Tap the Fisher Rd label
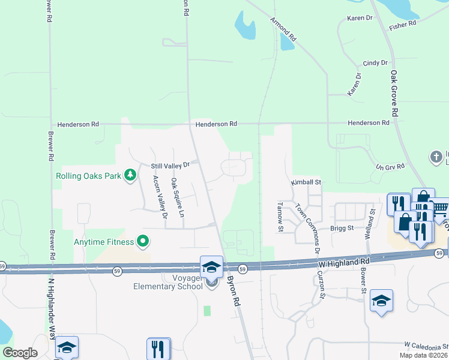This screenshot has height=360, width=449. point(402,25)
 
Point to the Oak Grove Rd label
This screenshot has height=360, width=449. point(394,94)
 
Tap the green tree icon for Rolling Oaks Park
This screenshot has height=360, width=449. point(129,176)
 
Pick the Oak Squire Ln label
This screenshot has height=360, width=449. point(178,197)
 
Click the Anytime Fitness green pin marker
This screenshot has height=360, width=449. point(143,242)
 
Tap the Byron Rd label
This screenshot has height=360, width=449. point(234,292)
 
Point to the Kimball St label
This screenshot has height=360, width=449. point(307,182)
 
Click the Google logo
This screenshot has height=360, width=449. point(20,353)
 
